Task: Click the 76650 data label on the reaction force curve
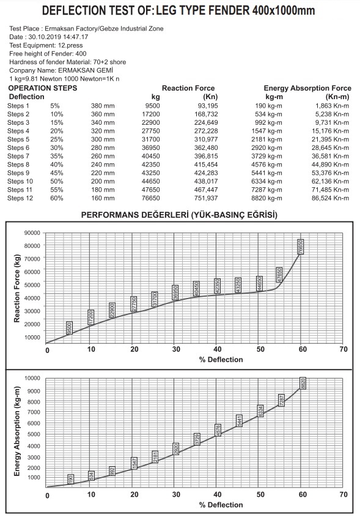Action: [x=301, y=247]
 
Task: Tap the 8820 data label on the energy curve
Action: [x=303, y=384]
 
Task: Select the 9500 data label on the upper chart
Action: [x=70, y=328]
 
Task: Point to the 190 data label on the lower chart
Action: [x=70, y=479]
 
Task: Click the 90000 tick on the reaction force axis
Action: [x=32, y=233]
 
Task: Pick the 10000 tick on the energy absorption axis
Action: [x=32, y=378]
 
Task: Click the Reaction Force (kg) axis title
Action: [x=17, y=289]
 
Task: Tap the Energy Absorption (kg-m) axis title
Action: [x=17, y=431]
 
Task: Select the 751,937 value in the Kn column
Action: [x=206, y=198]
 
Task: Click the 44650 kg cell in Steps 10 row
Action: [x=151, y=182]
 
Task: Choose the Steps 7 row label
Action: [x=18, y=156]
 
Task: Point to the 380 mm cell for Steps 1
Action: [x=103, y=106]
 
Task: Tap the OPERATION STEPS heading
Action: [x=43, y=88]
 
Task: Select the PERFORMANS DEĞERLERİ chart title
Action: [x=135, y=215]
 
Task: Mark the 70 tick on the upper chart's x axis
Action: [x=343, y=349]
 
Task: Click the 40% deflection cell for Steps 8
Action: [x=57, y=165]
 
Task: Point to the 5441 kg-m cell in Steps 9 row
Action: [x=266, y=173]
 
